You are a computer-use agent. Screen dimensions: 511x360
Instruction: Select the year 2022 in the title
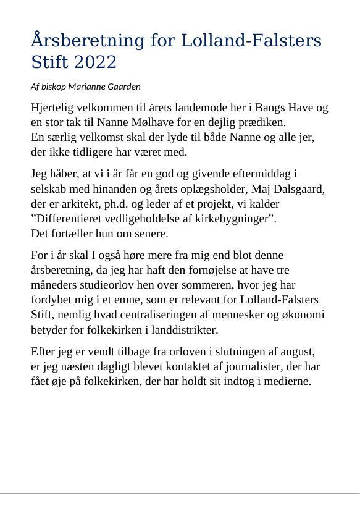(94, 62)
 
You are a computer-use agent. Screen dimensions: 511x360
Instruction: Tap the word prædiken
(262, 122)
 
